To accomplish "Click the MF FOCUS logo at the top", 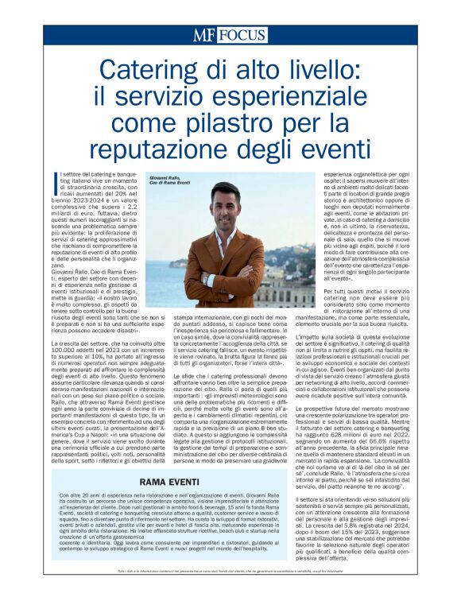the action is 230,34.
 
